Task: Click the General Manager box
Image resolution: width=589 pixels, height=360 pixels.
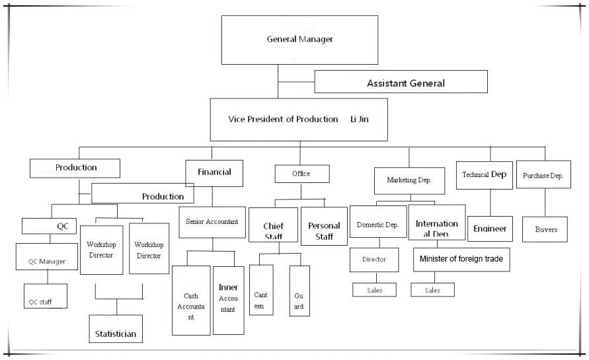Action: (299, 39)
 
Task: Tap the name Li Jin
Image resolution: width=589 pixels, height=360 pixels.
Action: (360, 120)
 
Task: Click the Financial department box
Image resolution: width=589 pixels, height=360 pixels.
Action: (214, 173)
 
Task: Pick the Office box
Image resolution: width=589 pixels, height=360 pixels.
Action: (301, 174)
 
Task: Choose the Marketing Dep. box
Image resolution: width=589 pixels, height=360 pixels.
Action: (409, 180)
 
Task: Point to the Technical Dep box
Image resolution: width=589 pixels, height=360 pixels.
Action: (485, 175)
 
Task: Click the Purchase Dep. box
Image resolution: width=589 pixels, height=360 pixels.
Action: (543, 176)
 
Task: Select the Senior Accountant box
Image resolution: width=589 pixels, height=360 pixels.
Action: (212, 222)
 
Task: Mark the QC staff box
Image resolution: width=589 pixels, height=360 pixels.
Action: (45, 297)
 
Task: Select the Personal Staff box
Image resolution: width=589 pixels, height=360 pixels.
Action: (324, 227)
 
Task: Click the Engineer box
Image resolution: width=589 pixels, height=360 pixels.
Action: (490, 229)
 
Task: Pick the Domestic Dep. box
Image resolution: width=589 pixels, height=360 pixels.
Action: (377, 225)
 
